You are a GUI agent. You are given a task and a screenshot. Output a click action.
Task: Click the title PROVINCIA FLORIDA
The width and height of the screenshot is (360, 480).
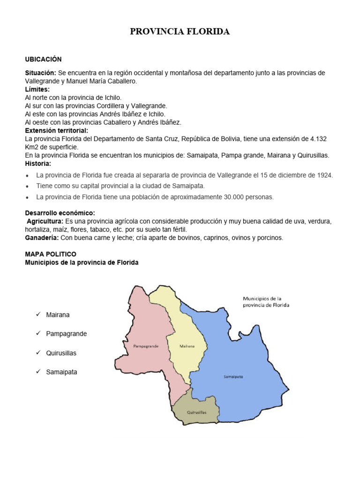[x=180, y=32]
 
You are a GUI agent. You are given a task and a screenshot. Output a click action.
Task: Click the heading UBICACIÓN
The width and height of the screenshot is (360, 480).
[x=43, y=59]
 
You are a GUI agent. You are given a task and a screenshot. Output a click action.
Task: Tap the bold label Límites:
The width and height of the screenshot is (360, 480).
[x=37, y=89]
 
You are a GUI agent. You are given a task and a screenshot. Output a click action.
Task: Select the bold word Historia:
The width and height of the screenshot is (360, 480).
[x=38, y=164]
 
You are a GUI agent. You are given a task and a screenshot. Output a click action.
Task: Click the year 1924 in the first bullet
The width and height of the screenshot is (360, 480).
[x=324, y=175]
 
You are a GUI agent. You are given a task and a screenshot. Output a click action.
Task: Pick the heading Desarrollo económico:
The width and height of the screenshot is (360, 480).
[x=60, y=213]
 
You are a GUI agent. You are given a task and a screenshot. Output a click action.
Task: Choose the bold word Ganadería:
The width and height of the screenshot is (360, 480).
[x=41, y=238]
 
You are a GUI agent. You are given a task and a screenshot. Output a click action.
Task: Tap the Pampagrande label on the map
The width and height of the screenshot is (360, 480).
[x=145, y=346]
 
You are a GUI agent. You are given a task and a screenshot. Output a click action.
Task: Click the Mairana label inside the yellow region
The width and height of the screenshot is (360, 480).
[x=187, y=346]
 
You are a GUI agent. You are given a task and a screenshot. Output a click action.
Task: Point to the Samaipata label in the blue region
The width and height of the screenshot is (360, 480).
[x=233, y=376]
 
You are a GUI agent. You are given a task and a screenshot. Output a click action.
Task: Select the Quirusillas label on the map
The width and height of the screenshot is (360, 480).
[x=196, y=412]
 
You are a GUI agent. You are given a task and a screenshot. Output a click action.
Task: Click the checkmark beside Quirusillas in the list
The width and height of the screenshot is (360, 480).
[x=38, y=352]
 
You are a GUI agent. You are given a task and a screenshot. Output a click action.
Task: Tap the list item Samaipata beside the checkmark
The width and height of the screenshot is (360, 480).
[x=61, y=372]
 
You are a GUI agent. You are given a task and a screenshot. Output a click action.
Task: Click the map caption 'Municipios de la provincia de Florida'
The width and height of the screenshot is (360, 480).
[x=266, y=301]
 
